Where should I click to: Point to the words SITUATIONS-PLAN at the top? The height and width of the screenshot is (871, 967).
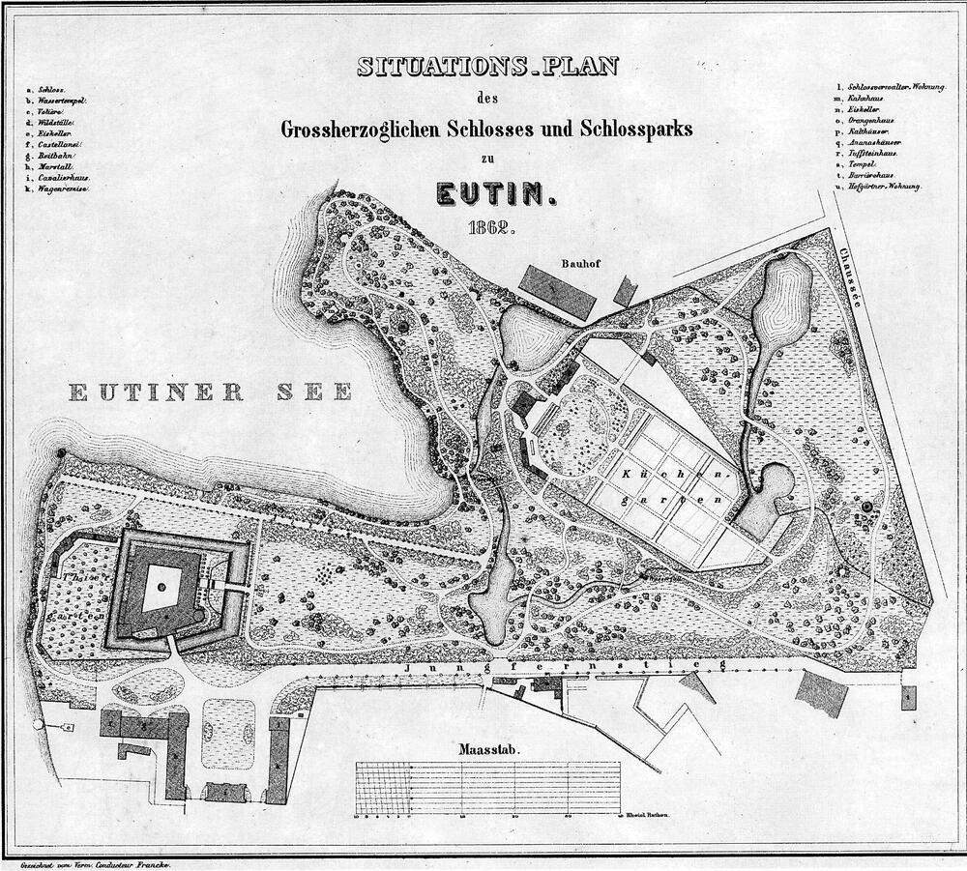tap(487, 67)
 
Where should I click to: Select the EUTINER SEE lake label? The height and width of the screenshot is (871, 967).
tap(211, 392)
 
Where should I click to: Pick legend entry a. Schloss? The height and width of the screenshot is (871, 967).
tap(46, 89)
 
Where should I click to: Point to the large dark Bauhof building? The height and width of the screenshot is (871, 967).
tap(557, 289)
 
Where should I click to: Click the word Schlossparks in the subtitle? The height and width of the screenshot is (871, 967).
tap(634, 129)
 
